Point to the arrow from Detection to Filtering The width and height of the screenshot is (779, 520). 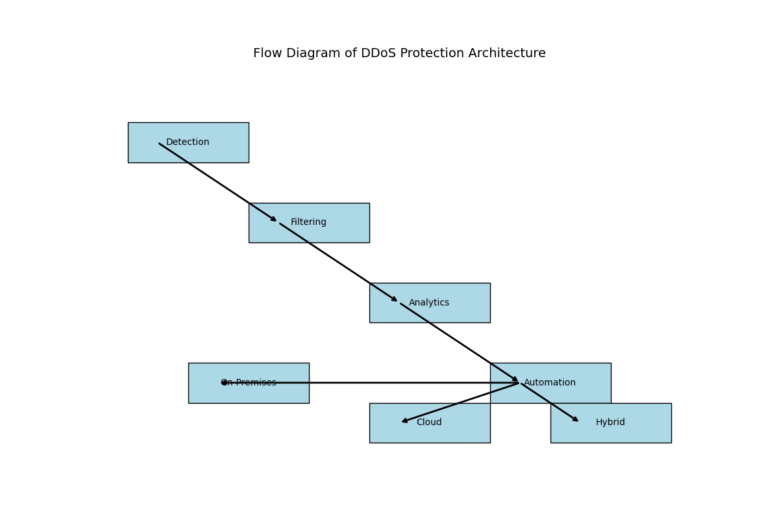pos(218,183)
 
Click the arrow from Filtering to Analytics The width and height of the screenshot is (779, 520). pos(339,263)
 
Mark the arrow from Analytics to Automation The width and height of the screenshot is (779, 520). pos(460,343)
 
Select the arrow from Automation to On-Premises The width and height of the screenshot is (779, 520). pos(370,383)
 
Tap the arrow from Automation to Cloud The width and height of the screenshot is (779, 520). pos(461,402)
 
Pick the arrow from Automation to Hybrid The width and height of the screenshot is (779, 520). pos(550,402)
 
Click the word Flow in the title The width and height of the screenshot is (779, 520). pos(267,53)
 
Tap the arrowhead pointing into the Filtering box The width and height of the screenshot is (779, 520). pos(274,220)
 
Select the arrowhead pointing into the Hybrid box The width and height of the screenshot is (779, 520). pos(575,419)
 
